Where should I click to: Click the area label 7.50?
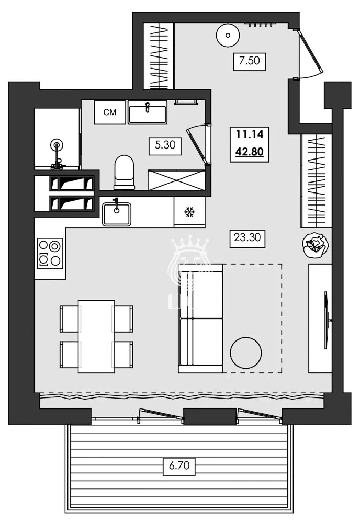coord(250,61)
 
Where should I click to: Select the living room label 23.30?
coord(246,239)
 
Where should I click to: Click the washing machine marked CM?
coord(109,112)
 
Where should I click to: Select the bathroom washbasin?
coord(148,112)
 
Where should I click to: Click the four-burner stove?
coord(50,253)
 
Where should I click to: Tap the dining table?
coord(96,336)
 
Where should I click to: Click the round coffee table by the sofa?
coord(246,353)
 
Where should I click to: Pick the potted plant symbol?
coord(316,244)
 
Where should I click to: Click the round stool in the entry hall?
coord(228,36)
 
